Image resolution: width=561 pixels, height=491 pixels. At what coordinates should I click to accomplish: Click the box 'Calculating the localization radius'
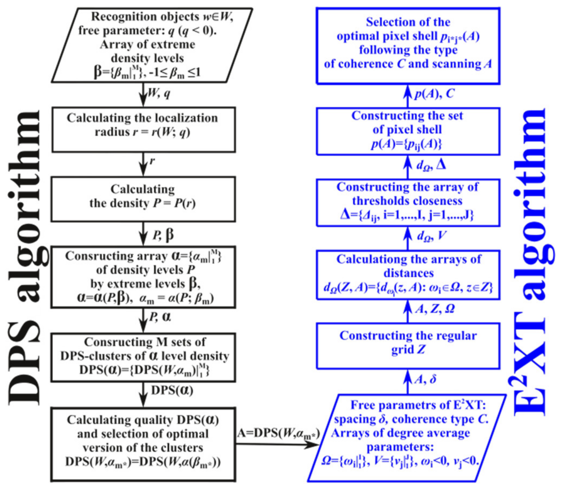tap(143, 129)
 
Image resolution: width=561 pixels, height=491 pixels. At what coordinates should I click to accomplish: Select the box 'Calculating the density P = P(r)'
tap(143, 199)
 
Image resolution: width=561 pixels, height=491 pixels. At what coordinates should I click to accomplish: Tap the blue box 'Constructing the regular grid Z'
tap(408, 346)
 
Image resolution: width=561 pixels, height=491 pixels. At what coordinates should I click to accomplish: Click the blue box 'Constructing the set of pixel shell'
tap(408, 131)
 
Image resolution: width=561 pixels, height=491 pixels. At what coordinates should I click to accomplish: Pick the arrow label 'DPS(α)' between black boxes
tap(172, 390)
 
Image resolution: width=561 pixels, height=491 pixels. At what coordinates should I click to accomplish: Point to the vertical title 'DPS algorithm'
tap(25, 258)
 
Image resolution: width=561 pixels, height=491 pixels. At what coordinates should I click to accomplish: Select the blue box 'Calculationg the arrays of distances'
tap(408, 275)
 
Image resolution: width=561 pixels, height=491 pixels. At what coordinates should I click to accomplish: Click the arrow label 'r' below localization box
tap(152, 161)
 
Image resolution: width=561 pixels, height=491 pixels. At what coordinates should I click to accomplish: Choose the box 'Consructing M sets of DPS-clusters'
tap(143, 357)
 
